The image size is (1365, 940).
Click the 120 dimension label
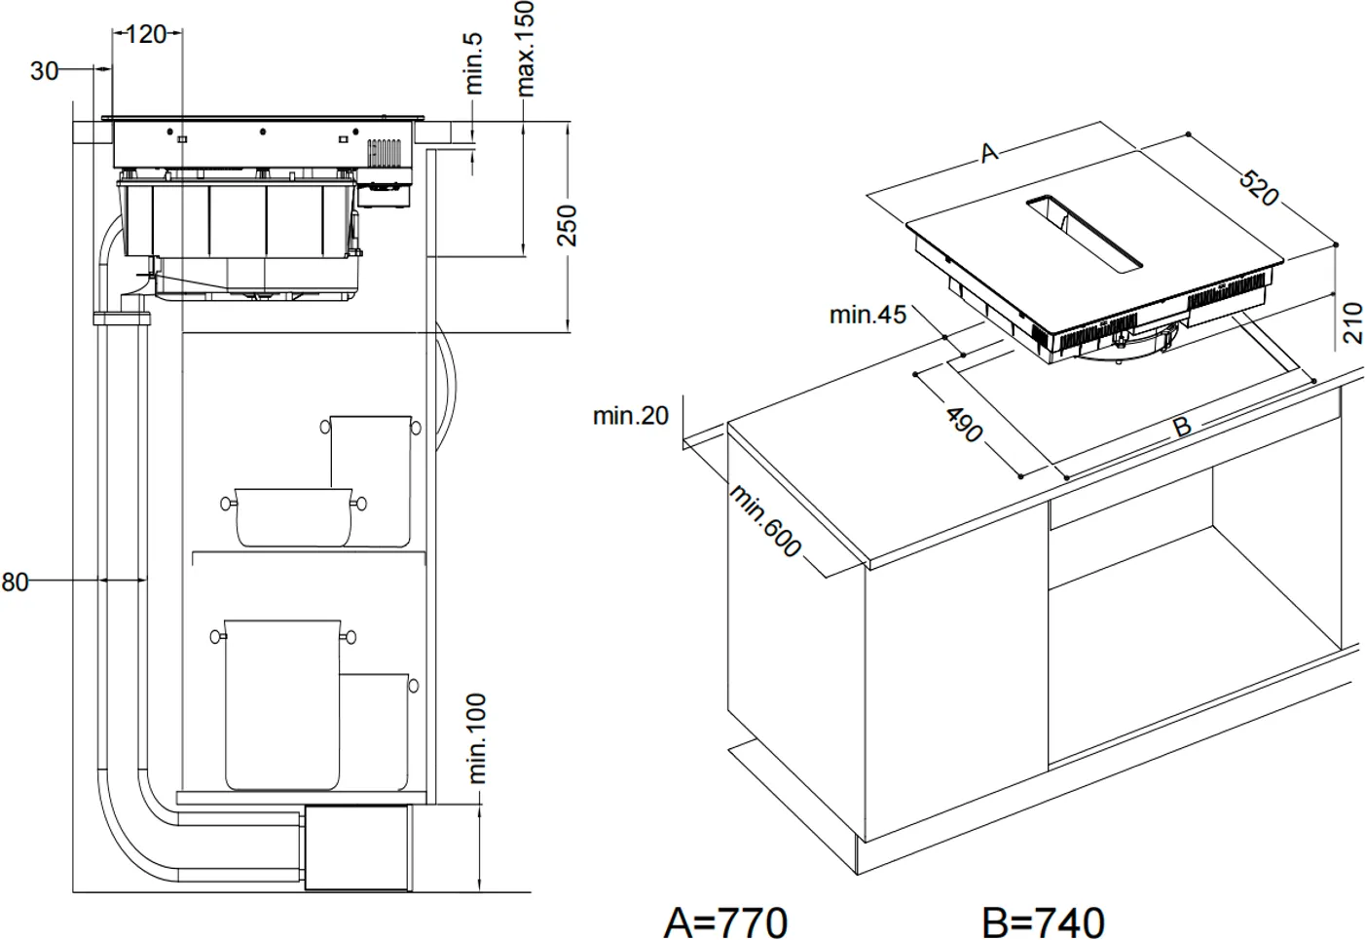tap(146, 34)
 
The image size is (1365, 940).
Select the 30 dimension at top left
tap(44, 70)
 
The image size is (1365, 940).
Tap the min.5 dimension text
tap(474, 62)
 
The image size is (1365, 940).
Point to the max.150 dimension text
tap(526, 49)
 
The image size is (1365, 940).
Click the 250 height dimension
tap(568, 225)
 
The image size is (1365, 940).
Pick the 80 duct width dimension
tap(14, 583)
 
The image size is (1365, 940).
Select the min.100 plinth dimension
tap(477, 738)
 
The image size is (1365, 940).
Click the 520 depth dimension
tap(1258, 187)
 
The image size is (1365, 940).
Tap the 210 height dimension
tap(1352, 322)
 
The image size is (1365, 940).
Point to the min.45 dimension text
tap(867, 315)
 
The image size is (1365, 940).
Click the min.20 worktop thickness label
tap(631, 416)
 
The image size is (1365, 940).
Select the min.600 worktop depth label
tap(766, 521)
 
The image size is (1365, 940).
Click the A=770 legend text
tap(725, 921)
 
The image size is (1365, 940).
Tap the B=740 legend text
tap(1044, 921)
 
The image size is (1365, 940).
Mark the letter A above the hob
tap(989, 153)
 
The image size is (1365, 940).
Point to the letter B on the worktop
tap(1181, 427)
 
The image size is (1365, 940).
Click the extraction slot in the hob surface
tap(1083, 234)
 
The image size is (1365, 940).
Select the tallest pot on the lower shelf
tap(282, 701)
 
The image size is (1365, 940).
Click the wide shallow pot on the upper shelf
tap(293, 516)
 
